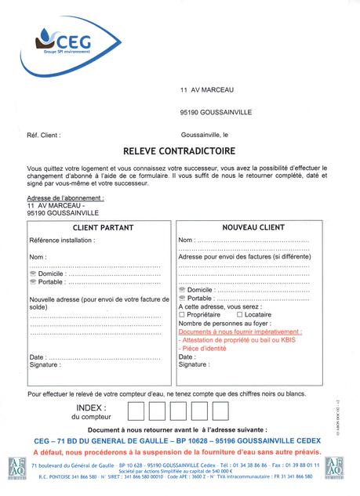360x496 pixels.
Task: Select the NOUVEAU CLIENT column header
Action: click(x=248, y=227)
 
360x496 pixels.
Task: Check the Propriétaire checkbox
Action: click(x=183, y=314)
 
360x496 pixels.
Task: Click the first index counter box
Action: click(x=136, y=411)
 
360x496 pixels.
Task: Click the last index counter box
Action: click(x=220, y=411)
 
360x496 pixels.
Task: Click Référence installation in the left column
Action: click(x=62, y=240)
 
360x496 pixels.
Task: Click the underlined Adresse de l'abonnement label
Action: click(x=65, y=198)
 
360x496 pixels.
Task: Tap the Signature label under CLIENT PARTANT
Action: click(x=45, y=364)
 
